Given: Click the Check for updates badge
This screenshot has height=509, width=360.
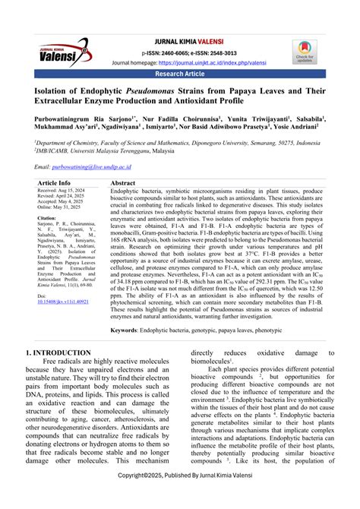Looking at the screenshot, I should (304, 51).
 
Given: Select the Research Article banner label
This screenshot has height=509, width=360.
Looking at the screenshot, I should (180, 75).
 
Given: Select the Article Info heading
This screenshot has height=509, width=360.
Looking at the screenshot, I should (55, 183).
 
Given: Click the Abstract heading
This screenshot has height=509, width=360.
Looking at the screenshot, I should (123, 183).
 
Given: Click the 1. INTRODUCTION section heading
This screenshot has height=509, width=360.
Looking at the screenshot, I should (62, 353).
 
